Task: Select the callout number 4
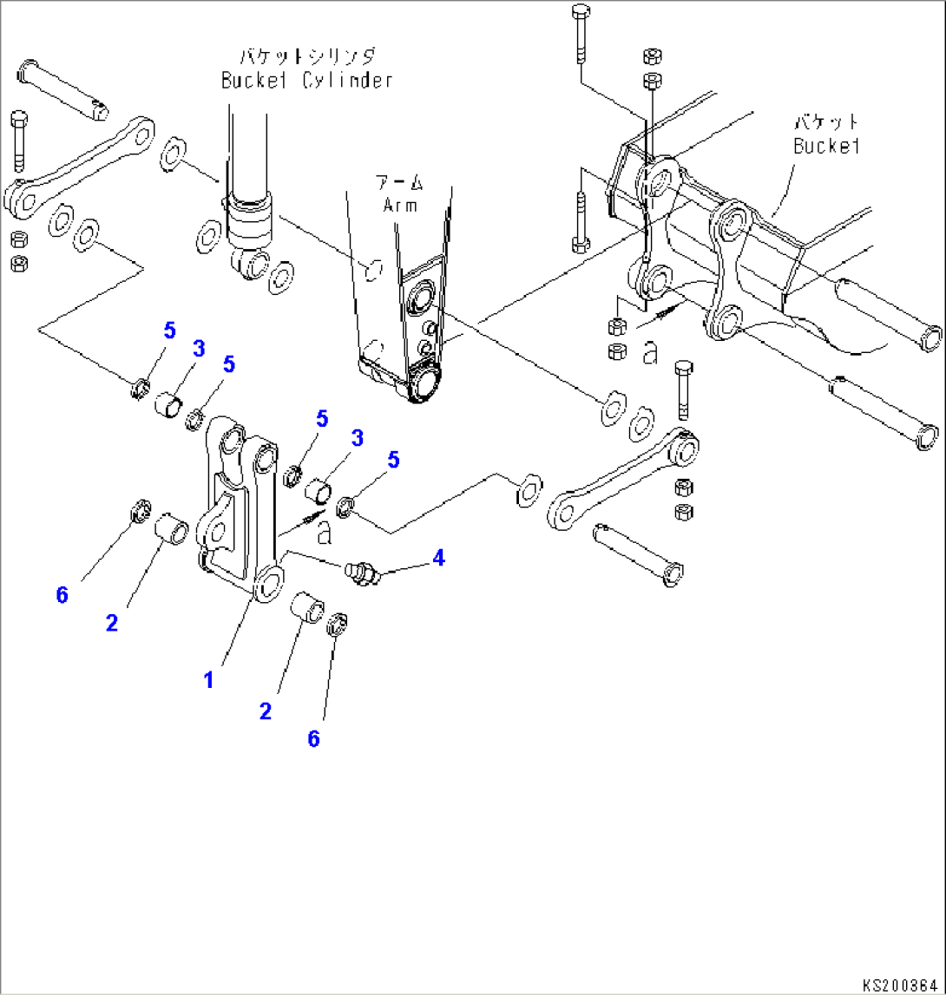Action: pyautogui.click(x=439, y=559)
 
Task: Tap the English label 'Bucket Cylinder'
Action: pyautogui.click(x=306, y=81)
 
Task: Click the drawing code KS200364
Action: pyautogui.click(x=901, y=985)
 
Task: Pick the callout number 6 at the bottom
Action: pyautogui.click(x=313, y=738)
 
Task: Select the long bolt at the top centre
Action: pyautogui.click(x=580, y=35)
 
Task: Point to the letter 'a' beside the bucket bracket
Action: pyautogui.click(x=649, y=351)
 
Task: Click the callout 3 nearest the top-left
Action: pyautogui.click(x=199, y=350)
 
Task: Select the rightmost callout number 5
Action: pyautogui.click(x=393, y=460)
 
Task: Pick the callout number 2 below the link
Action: pyautogui.click(x=265, y=711)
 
